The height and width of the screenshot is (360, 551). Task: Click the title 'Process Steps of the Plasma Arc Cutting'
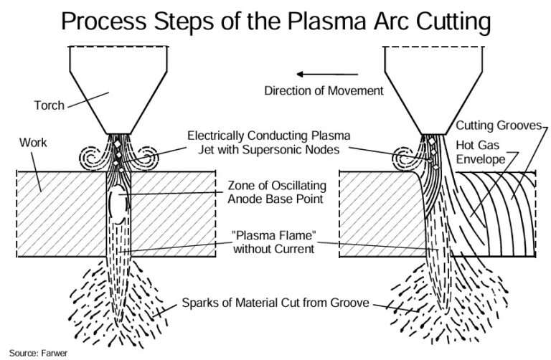[275, 22]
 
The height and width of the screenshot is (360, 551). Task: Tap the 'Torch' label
[49, 105]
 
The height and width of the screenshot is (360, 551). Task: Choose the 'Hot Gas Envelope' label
[481, 151]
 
